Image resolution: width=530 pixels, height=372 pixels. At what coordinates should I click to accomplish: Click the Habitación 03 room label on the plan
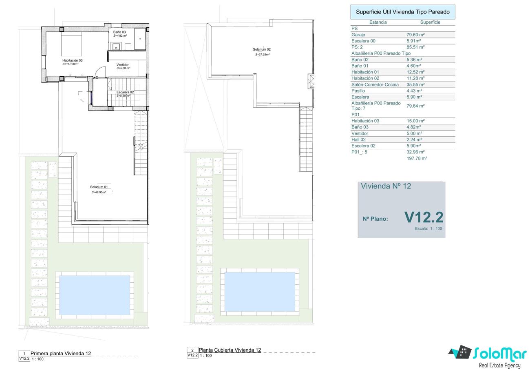pyautogui.click(x=73, y=60)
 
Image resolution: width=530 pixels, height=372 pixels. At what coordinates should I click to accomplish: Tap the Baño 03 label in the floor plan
pyautogui.click(x=119, y=32)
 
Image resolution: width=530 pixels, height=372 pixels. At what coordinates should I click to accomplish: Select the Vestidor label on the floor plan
pyautogui.click(x=123, y=64)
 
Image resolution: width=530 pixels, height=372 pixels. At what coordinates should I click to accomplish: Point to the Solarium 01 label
pyautogui.click(x=99, y=187)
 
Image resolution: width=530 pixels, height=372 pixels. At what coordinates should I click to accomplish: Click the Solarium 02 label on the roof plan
pyautogui.click(x=262, y=49)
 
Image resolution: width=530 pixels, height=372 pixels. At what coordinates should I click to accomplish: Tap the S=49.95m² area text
pyautogui.click(x=99, y=192)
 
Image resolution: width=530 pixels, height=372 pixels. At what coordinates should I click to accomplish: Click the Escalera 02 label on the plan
pyautogui.click(x=125, y=92)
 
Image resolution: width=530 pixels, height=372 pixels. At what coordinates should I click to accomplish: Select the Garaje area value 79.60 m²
pyautogui.click(x=415, y=35)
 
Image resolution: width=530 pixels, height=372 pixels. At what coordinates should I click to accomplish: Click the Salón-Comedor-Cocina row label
pyautogui.click(x=375, y=84)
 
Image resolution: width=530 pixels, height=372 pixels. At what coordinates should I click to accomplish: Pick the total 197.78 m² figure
pyautogui.click(x=417, y=158)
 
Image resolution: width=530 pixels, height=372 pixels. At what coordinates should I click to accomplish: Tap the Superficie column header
pyautogui.click(x=430, y=22)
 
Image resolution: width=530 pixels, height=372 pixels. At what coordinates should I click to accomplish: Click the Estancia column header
pyautogui.click(x=378, y=22)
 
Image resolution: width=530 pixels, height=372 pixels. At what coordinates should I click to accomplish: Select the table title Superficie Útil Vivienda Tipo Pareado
pyautogui.click(x=403, y=12)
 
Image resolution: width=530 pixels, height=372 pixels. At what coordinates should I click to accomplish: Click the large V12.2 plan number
pyautogui.click(x=424, y=217)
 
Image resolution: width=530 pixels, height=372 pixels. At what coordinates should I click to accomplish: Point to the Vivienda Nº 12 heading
pyautogui.click(x=386, y=186)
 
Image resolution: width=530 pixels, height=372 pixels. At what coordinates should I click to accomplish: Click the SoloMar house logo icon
pyautogui.click(x=460, y=352)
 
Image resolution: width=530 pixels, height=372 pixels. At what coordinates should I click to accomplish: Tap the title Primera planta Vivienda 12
pyautogui.click(x=61, y=353)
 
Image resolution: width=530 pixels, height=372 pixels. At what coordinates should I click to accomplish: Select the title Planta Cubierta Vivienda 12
pyautogui.click(x=230, y=350)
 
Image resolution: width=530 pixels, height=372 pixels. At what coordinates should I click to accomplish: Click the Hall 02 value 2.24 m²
pyautogui.click(x=414, y=140)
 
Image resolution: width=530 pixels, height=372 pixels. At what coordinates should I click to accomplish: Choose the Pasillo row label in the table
pyautogui.click(x=358, y=91)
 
